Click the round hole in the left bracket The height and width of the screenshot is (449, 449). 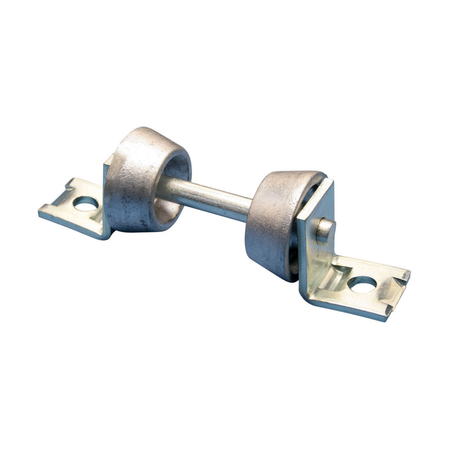point(85,204)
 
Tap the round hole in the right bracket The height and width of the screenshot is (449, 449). point(362,284)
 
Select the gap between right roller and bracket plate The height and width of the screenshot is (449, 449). point(294,251)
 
